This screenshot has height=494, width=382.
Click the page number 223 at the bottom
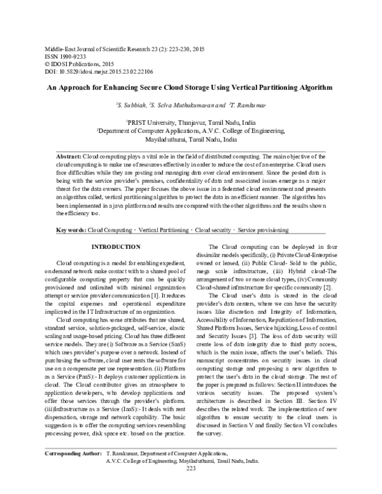click(x=190, y=486)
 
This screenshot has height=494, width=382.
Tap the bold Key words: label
click(x=71, y=229)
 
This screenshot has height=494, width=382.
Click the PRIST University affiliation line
click(x=190, y=120)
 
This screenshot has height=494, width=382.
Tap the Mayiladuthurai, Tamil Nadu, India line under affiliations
click(x=192, y=138)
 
